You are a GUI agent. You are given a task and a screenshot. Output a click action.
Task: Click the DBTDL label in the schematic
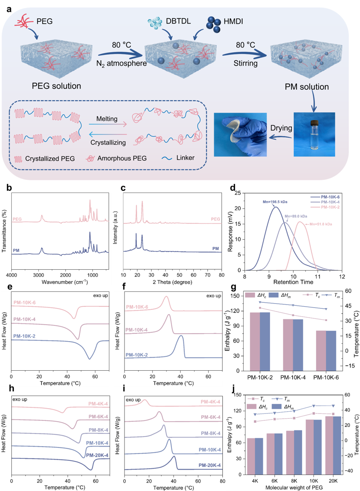tap(178, 21)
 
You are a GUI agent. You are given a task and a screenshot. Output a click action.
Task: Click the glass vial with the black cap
tap(314, 135)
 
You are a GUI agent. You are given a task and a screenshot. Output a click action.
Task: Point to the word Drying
tap(281, 128)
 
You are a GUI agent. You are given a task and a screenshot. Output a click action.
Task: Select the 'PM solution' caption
tap(306, 87)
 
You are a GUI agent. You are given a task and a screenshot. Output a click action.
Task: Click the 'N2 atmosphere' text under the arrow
tap(121, 64)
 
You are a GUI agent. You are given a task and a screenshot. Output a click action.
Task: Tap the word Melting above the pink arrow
tap(107, 119)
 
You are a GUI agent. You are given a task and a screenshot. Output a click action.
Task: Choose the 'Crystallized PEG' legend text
tap(50, 159)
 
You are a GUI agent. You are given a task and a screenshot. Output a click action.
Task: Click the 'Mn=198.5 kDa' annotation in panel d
tap(275, 202)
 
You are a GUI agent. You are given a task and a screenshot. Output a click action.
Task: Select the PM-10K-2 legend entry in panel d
tap(330, 207)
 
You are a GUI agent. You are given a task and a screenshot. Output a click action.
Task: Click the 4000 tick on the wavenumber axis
tap(12, 275)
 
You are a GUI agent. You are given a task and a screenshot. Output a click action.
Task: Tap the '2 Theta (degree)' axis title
tap(172, 282)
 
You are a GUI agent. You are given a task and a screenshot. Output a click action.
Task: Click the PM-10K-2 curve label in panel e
tap(24, 336)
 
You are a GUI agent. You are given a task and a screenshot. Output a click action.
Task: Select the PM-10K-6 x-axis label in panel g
tap(326, 378)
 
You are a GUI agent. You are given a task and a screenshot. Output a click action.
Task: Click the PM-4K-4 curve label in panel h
tap(98, 404)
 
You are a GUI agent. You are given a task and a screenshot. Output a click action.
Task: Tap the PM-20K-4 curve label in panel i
tap(209, 465)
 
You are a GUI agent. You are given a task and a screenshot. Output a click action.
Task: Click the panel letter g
tap(233, 288)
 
